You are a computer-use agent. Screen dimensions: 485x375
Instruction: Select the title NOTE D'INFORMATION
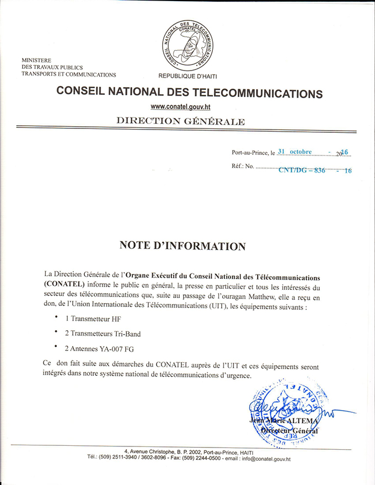pos(183,245)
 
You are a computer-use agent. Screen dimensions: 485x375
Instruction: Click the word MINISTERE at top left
pos(36,60)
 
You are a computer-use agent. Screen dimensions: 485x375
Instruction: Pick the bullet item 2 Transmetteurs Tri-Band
pos(103,334)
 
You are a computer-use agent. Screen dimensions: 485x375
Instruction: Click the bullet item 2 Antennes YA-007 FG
pos(99,349)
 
